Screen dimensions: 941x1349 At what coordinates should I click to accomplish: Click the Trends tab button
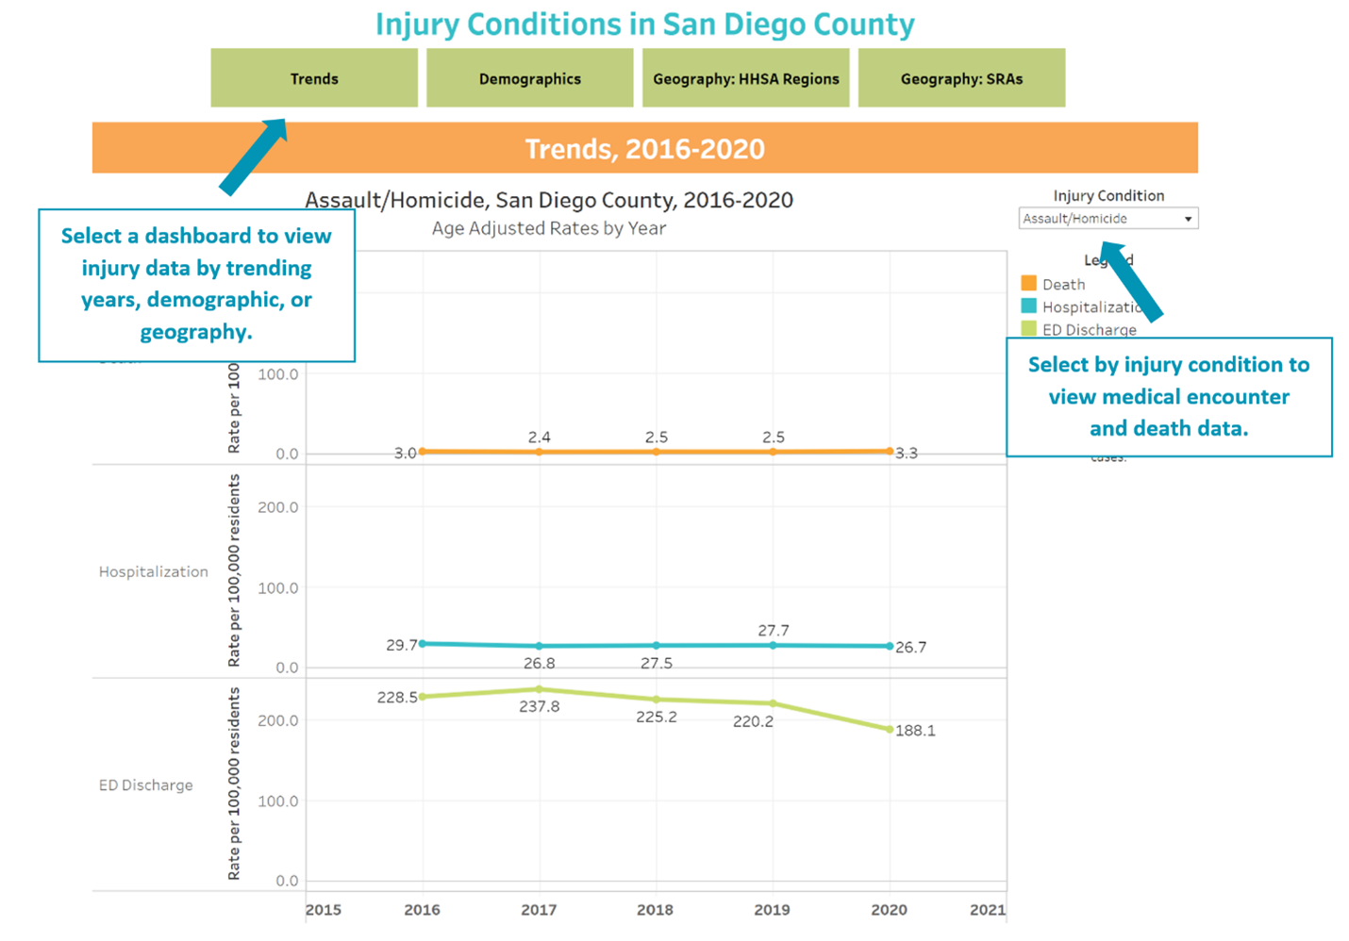point(314,79)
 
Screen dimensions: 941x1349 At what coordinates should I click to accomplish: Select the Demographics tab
point(529,79)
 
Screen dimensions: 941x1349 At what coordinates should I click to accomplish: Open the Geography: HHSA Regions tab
point(745,79)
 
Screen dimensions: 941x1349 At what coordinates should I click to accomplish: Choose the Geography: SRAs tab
point(961,79)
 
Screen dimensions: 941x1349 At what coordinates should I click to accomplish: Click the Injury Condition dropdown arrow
point(1188,219)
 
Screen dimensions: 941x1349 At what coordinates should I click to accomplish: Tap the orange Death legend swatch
point(1029,283)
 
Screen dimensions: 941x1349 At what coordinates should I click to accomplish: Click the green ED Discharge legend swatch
point(1029,329)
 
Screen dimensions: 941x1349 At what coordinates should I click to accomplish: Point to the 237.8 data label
point(539,706)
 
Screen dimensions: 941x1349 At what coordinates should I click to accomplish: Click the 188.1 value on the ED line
point(915,731)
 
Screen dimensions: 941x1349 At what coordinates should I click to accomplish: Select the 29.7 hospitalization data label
point(402,645)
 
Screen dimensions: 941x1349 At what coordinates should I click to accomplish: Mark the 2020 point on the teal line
point(890,647)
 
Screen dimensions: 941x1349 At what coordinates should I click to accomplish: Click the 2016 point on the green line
point(423,697)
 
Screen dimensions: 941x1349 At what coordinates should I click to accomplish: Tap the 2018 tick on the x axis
point(655,910)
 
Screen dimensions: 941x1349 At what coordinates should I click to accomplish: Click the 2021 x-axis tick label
point(987,910)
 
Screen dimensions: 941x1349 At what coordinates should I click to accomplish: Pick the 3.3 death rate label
point(907,454)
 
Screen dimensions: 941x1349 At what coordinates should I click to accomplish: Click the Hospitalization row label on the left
point(153,571)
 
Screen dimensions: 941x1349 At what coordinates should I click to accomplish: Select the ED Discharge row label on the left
point(145,784)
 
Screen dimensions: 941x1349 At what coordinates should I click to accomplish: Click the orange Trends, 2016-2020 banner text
point(644,149)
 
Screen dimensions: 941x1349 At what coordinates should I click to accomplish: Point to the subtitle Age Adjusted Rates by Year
point(548,228)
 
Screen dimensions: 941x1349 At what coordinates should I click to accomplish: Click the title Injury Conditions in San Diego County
point(644,25)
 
